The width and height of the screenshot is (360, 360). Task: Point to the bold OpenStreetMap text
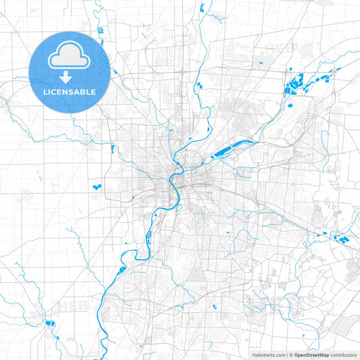[311, 354]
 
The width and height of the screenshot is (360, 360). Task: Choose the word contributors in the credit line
[344, 354]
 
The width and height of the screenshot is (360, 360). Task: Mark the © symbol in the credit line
[291, 354]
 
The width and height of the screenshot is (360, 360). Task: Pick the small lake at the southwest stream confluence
[49, 323]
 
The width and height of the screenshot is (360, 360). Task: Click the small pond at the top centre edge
[202, 8]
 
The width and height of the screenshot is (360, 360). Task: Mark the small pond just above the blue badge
[100, 29]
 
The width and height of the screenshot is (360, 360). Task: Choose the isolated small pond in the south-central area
[214, 306]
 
